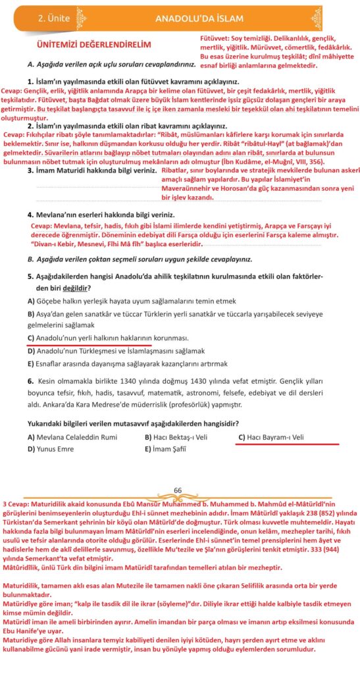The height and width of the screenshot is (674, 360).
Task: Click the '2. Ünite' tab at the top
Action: (55, 18)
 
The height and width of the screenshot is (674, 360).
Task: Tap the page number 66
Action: (178, 490)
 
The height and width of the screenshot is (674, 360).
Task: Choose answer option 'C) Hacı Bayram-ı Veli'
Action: (270, 437)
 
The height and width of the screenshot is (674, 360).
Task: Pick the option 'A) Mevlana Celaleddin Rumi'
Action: (72, 437)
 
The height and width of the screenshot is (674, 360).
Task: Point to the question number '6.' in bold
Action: (30, 380)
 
